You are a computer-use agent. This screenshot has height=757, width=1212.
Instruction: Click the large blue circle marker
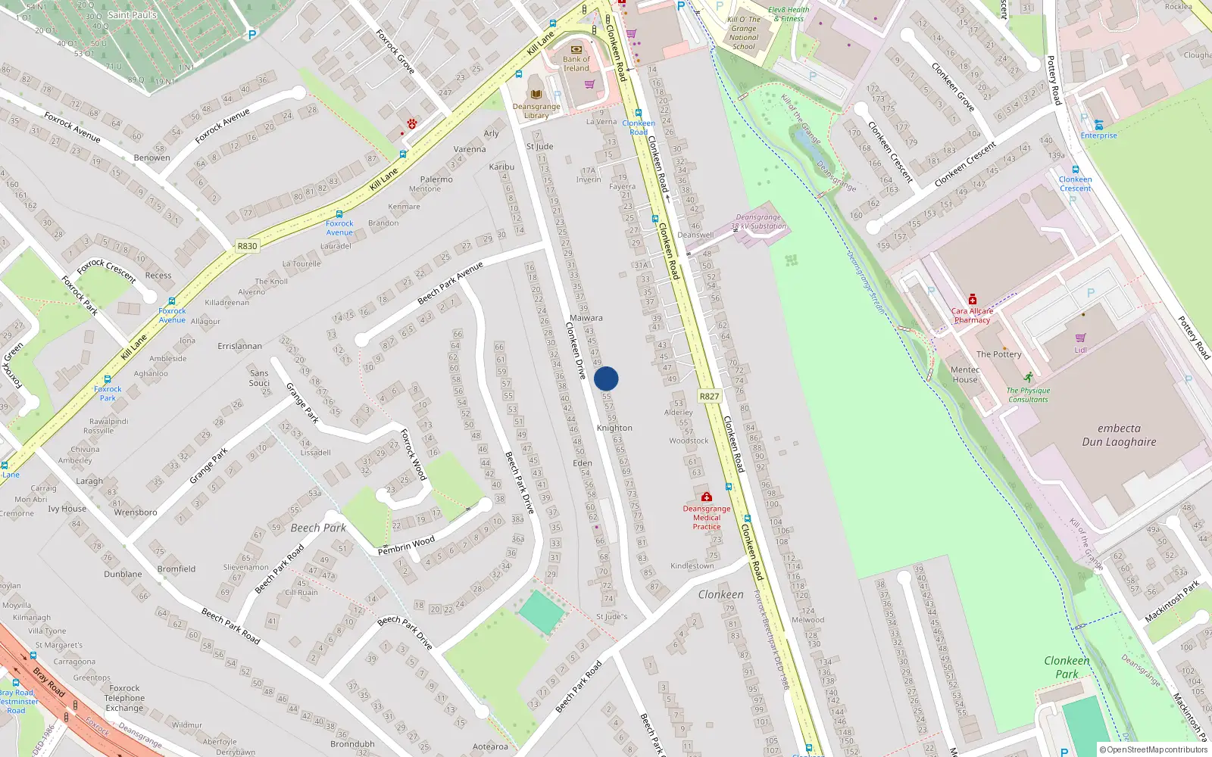click(x=606, y=378)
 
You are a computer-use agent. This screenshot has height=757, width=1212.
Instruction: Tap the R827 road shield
click(x=709, y=396)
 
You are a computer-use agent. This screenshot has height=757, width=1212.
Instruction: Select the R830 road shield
click(x=247, y=246)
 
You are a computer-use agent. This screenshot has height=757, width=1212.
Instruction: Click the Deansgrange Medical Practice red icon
click(x=706, y=497)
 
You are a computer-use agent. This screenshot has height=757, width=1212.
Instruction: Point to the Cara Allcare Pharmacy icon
click(x=973, y=300)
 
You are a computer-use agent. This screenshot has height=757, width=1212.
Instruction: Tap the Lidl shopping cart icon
click(x=1080, y=338)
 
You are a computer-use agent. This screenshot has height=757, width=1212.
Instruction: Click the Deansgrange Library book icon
click(x=536, y=95)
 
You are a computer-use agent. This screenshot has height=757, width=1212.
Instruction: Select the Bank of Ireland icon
click(x=576, y=49)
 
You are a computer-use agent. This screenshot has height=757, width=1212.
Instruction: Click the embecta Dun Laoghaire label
click(x=1119, y=435)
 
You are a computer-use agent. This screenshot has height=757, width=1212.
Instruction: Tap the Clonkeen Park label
click(x=1067, y=667)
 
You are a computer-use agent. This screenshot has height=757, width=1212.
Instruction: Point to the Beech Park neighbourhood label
click(x=318, y=528)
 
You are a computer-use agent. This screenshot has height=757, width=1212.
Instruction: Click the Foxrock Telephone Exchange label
click(x=124, y=698)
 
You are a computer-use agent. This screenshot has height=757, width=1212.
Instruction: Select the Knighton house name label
click(x=614, y=428)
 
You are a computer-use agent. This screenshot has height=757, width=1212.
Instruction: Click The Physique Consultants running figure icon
click(x=1028, y=377)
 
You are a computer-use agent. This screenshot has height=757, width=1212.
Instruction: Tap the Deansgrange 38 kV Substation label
click(x=758, y=221)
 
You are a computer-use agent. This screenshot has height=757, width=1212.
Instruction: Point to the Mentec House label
click(x=965, y=375)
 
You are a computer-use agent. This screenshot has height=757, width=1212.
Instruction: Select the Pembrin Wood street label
click(x=407, y=545)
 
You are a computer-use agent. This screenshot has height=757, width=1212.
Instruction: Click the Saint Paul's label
click(x=132, y=14)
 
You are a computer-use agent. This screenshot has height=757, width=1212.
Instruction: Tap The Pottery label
click(x=998, y=354)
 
